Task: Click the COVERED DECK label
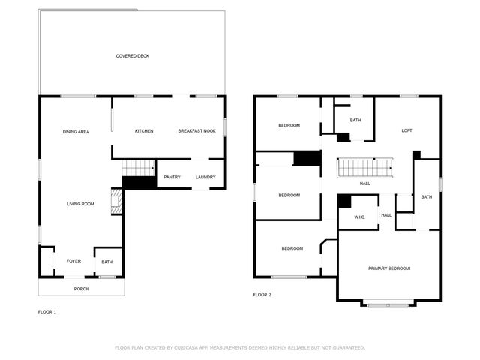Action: [132, 55]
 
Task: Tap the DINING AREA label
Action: [76, 131]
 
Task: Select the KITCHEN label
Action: [144, 131]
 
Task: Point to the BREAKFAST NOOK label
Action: [196, 131]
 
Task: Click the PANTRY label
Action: [172, 178]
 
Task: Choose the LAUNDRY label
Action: [205, 178]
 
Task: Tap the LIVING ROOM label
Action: [80, 203]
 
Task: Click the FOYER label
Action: [73, 261]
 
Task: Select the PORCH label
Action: [81, 289]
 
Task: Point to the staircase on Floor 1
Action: [138, 168]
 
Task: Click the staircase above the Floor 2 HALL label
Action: [364, 168]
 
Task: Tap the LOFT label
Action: [406, 130]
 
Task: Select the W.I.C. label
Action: [359, 217]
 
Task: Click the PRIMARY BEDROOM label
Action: [388, 268]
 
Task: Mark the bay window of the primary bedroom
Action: [388, 304]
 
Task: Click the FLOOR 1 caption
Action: [47, 311]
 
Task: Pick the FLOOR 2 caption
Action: [262, 295]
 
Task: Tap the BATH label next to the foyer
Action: [107, 262]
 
